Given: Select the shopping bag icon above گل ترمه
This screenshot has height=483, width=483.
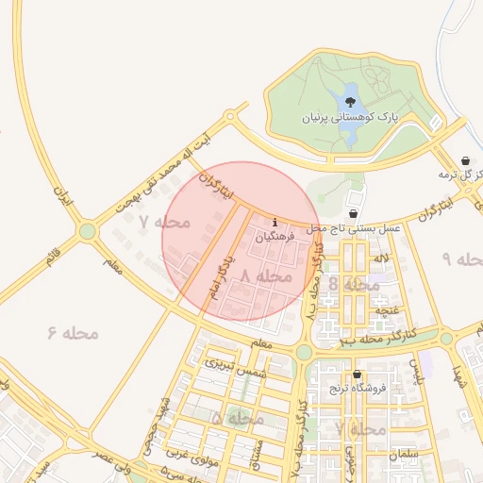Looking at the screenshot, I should click(x=466, y=160).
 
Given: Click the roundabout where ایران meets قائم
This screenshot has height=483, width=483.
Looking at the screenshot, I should click(x=88, y=230).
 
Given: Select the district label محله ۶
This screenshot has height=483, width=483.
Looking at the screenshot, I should click(x=73, y=332).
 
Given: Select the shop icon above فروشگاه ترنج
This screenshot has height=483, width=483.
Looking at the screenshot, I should click(x=356, y=375).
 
